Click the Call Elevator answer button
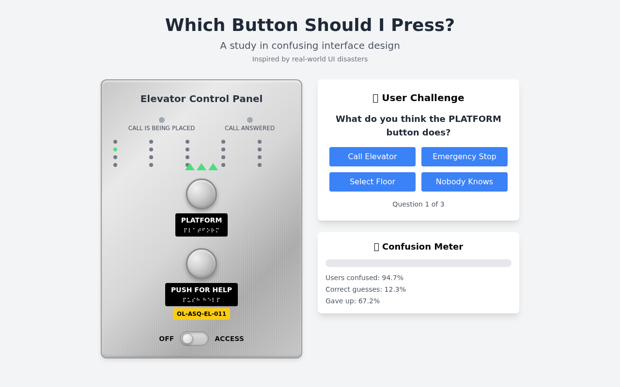(x=372, y=157)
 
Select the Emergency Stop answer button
(x=464, y=157)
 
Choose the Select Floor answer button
(x=372, y=182)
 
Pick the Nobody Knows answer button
(x=464, y=182)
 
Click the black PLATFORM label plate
(x=201, y=225)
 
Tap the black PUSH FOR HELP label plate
(x=201, y=294)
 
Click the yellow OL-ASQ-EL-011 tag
(x=201, y=314)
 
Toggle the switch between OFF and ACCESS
(x=194, y=339)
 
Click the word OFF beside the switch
(x=166, y=339)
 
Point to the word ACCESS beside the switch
(x=229, y=339)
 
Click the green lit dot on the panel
(x=115, y=149)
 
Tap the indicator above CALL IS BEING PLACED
(x=162, y=120)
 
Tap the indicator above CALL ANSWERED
(x=250, y=120)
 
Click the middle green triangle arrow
(x=201, y=167)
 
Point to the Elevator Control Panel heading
(x=201, y=99)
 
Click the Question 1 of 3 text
(x=418, y=204)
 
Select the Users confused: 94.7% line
(x=364, y=278)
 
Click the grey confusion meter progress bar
(x=418, y=263)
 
